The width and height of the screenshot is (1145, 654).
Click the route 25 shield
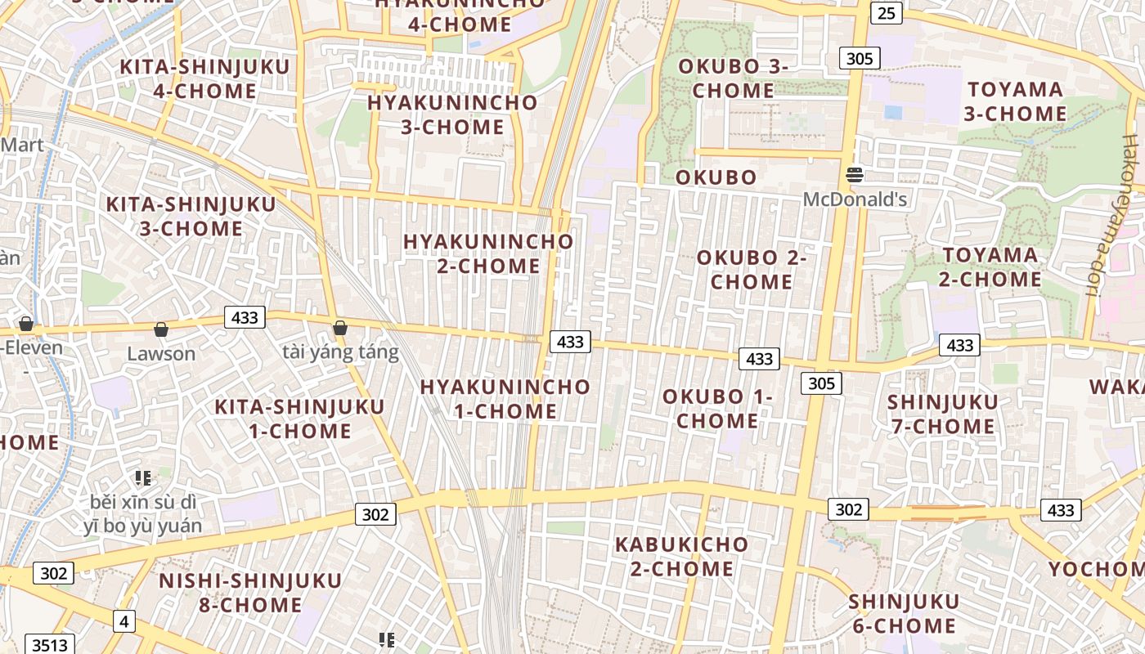pyautogui.click(x=887, y=12)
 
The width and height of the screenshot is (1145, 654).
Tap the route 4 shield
pyautogui.click(x=123, y=621)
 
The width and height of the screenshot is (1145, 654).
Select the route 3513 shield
pyautogui.click(x=51, y=645)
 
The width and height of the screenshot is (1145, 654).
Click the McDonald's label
pyautogui.click(x=855, y=199)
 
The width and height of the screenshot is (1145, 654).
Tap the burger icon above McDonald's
pyautogui.click(x=855, y=174)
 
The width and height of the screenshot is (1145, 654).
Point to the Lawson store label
pyautogui.click(x=161, y=353)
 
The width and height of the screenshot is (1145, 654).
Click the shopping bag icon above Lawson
pyautogui.click(x=161, y=329)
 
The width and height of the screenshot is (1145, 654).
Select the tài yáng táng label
pyautogui.click(x=340, y=352)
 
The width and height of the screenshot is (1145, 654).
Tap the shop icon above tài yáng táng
pyautogui.click(x=340, y=329)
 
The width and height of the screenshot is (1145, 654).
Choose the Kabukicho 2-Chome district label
pyautogui.click(x=681, y=556)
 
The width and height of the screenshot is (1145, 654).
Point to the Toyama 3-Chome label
pyautogui.click(x=1015, y=101)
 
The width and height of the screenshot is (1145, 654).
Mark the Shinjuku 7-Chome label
pyautogui.click(x=942, y=414)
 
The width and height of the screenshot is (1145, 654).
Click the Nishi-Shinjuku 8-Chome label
pyautogui.click(x=250, y=593)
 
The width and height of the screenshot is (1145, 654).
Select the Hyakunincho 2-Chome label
pyautogui.click(x=488, y=253)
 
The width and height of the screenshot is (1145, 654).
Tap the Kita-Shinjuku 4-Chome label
pyautogui.click(x=205, y=78)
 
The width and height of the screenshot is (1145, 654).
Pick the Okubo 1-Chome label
pyautogui.click(x=717, y=409)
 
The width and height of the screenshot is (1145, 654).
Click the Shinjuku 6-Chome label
pyautogui.click(x=902, y=613)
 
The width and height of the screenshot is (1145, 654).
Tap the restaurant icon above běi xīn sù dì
pyautogui.click(x=143, y=478)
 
